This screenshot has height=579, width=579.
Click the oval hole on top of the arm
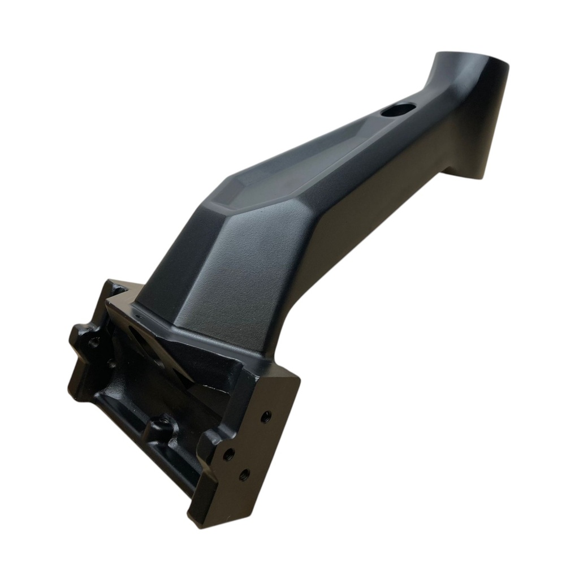click(x=398, y=109)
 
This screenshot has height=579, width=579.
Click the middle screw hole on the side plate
click(x=228, y=453)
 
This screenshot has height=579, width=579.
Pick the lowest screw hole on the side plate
click(x=244, y=474)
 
